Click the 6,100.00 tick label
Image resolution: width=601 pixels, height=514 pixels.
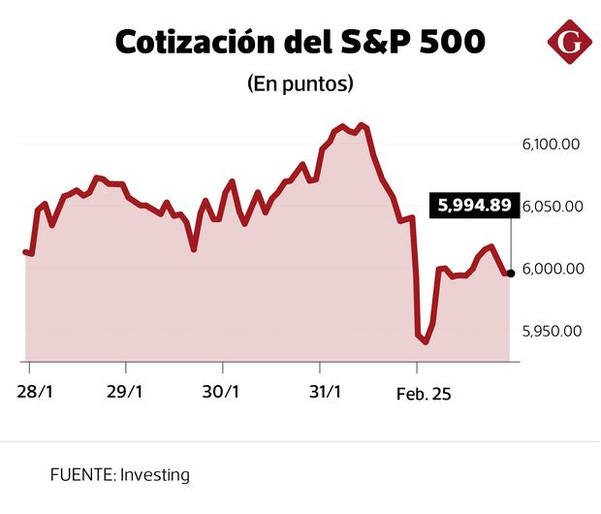[x=551, y=145]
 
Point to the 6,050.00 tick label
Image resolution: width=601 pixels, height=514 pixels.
[x=551, y=207]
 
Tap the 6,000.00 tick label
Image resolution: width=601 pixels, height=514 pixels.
[x=551, y=269]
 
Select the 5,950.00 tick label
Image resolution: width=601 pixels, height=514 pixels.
[x=551, y=331]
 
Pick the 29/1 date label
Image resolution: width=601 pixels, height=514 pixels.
[x=126, y=393]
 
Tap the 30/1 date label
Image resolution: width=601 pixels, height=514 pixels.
[x=222, y=393]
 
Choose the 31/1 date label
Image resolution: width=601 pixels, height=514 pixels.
[x=325, y=393]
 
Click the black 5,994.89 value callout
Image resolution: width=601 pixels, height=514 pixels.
[x=475, y=205]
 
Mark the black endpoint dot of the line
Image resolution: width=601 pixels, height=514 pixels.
[x=511, y=273]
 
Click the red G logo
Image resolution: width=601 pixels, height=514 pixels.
[x=566, y=42]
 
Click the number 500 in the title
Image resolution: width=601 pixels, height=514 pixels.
[x=451, y=43]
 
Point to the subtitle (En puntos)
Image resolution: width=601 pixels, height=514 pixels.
[x=300, y=83]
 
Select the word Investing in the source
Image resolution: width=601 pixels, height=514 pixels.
[x=154, y=474]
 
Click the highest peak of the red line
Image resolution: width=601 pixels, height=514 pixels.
[x=361, y=124]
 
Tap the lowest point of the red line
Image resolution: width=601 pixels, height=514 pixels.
[x=425, y=341]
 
